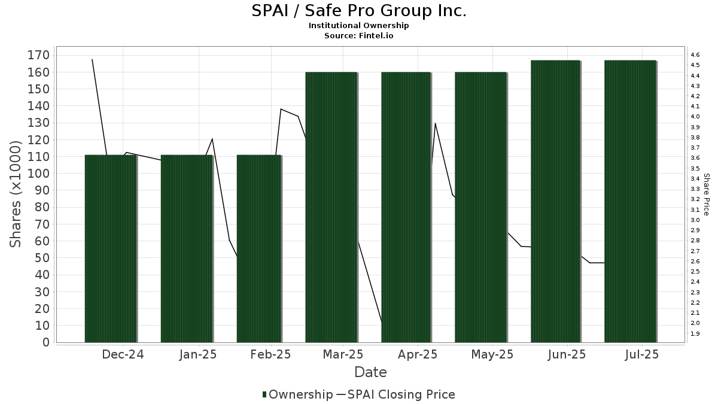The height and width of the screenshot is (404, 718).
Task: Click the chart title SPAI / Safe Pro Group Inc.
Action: (x=358, y=11)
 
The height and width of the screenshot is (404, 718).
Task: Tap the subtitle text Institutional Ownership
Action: (x=358, y=26)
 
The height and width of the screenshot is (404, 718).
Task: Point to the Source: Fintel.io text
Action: (x=358, y=35)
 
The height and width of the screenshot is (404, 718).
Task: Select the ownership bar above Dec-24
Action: (x=111, y=248)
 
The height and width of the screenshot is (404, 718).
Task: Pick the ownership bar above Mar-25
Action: (x=331, y=207)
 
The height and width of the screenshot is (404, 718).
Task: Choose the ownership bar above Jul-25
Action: (x=630, y=201)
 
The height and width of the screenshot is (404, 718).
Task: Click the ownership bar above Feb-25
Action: (x=259, y=248)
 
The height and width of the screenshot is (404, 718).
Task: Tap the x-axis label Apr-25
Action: (x=417, y=354)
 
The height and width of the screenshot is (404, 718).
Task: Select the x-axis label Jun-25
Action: (x=566, y=354)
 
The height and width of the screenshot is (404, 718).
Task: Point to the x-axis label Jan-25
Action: (x=198, y=354)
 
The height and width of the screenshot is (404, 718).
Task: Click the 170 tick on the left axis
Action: (x=38, y=56)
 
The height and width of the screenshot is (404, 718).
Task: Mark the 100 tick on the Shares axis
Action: (x=38, y=174)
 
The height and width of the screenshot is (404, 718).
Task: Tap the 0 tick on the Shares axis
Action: (x=45, y=342)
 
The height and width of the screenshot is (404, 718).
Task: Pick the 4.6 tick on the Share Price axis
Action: (x=695, y=55)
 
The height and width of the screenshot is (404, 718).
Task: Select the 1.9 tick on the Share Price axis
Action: (x=695, y=334)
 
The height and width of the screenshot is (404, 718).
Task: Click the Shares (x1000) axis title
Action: (x=16, y=194)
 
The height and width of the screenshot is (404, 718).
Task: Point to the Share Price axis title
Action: (x=706, y=194)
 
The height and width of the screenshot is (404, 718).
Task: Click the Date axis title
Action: (x=370, y=372)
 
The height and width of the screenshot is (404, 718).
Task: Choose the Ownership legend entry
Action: (x=297, y=394)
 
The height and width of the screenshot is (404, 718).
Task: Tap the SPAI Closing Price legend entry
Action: (x=397, y=394)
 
